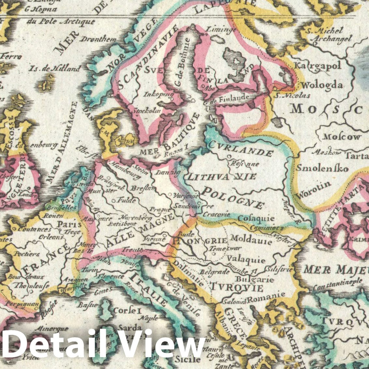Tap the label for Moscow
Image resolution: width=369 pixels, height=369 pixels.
(x=342, y=137)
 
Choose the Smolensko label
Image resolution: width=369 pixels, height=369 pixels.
(x=322, y=169)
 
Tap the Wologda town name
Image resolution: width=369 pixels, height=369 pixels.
(x=322, y=85)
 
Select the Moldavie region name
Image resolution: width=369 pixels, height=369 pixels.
(x=251, y=241)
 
